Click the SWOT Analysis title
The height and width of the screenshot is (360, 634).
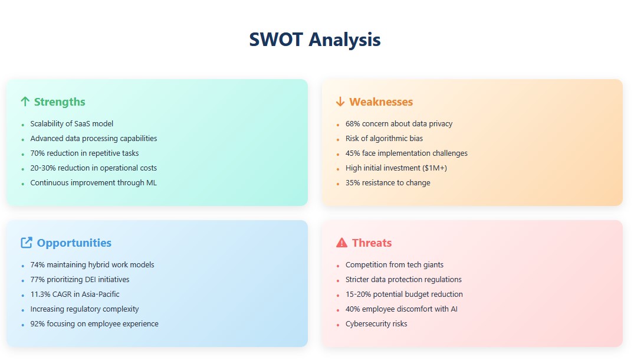[314, 40]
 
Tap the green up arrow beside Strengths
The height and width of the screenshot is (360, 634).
[25, 102]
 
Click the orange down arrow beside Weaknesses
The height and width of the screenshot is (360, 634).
[340, 102]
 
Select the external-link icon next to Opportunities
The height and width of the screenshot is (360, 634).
[27, 243]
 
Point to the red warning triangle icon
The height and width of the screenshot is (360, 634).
[341, 243]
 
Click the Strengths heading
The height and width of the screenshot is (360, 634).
[60, 102]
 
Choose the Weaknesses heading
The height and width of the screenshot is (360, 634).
[381, 102]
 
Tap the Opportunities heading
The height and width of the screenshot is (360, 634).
[74, 243]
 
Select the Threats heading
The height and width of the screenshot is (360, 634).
[372, 243]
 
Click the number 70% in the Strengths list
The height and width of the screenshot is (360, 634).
[38, 153]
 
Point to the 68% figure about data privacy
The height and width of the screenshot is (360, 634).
[353, 124]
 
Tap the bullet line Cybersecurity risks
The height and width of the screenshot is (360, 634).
[376, 324]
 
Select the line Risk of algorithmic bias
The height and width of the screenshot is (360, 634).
[384, 139]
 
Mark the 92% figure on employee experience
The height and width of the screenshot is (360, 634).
[38, 324]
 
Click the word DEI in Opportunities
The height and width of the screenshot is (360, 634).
[90, 280]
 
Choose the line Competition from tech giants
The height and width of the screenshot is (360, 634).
[394, 265]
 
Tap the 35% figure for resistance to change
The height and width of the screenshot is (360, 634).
[353, 183]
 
